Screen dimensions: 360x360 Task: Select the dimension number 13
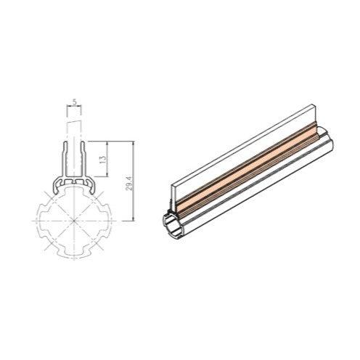click(x=104, y=158)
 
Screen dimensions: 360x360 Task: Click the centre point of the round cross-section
click(x=74, y=221)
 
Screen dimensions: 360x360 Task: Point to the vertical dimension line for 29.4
click(x=134, y=181)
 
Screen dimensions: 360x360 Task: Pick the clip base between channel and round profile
click(x=74, y=181)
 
